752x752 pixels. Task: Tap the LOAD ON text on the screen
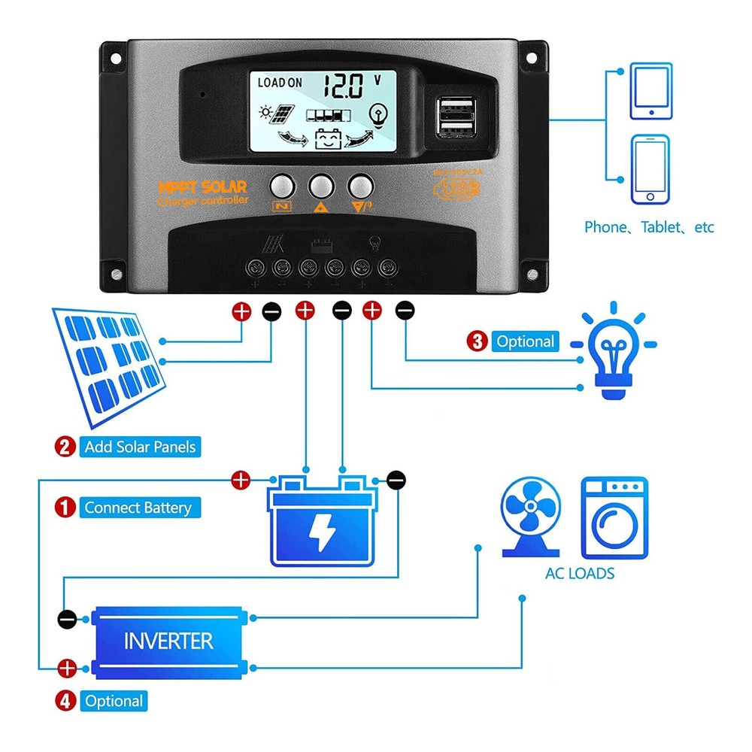click(280, 83)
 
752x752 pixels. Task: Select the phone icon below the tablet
click(650, 169)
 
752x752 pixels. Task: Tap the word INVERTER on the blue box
click(168, 641)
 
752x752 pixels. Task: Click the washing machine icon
click(614, 517)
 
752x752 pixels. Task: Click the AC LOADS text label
click(579, 574)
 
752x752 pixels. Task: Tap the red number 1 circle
click(65, 508)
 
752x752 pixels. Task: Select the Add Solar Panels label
click(140, 447)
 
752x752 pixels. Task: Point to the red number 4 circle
click(65, 701)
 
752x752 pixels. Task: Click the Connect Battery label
click(138, 508)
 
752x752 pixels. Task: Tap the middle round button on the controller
click(321, 185)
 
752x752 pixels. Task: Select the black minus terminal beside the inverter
click(67, 619)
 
